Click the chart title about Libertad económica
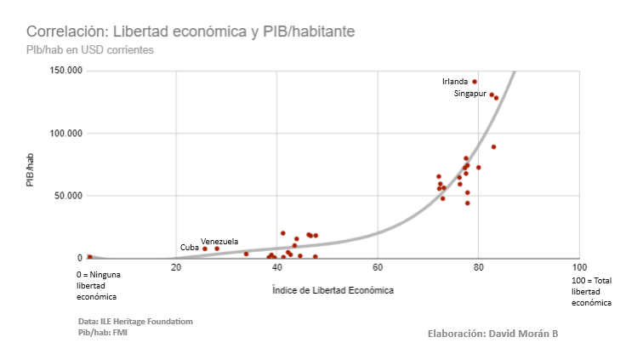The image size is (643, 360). click(x=191, y=31)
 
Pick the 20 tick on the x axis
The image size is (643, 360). click(x=176, y=268)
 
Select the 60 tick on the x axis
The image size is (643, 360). click(x=378, y=268)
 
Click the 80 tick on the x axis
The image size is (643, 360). click(x=478, y=268)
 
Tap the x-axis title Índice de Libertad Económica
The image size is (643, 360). click(x=333, y=290)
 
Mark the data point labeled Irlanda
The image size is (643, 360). click(x=475, y=82)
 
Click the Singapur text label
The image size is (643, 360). click(x=469, y=94)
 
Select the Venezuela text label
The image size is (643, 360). click(x=219, y=241)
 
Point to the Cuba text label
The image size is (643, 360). click(x=189, y=248)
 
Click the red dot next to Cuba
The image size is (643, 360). click(x=205, y=249)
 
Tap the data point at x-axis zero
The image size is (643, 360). click(x=89, y=257)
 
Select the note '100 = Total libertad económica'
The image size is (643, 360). click(x=591, y=291)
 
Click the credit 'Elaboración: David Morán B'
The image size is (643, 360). click(x=492, y=334)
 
